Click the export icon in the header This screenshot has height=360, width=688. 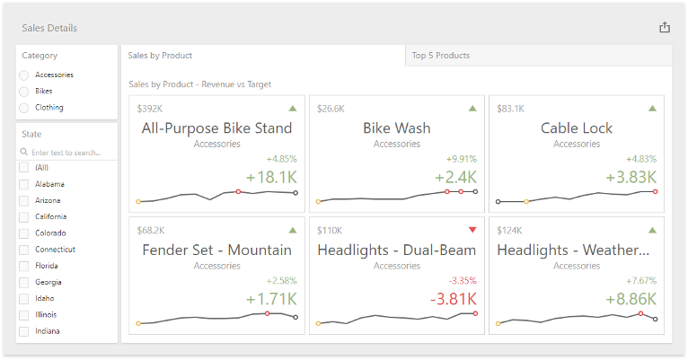tap(665, 27)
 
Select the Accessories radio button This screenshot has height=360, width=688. tap(23, 75)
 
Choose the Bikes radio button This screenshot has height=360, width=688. tap(23, 92)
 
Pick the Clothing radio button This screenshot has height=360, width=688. tap(23, 108)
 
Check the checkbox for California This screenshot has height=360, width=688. tap(23, 216)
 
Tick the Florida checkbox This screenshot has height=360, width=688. tap(23, 266)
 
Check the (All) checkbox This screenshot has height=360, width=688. tap(23, 168)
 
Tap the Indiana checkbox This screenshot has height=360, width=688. tap(23, 331)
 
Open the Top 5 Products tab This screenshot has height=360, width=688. tap(441, 56)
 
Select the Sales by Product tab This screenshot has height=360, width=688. tap(161, 56)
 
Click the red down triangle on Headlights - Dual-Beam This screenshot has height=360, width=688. tap(472, 230)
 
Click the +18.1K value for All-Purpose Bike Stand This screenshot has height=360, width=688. tap(271, 177)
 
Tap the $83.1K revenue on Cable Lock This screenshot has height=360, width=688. tap(511, 109)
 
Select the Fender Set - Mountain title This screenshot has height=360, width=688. tap(216, 250)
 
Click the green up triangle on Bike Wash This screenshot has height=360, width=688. tap(472, 109)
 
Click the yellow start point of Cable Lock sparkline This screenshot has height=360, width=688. tap(526, 202)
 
